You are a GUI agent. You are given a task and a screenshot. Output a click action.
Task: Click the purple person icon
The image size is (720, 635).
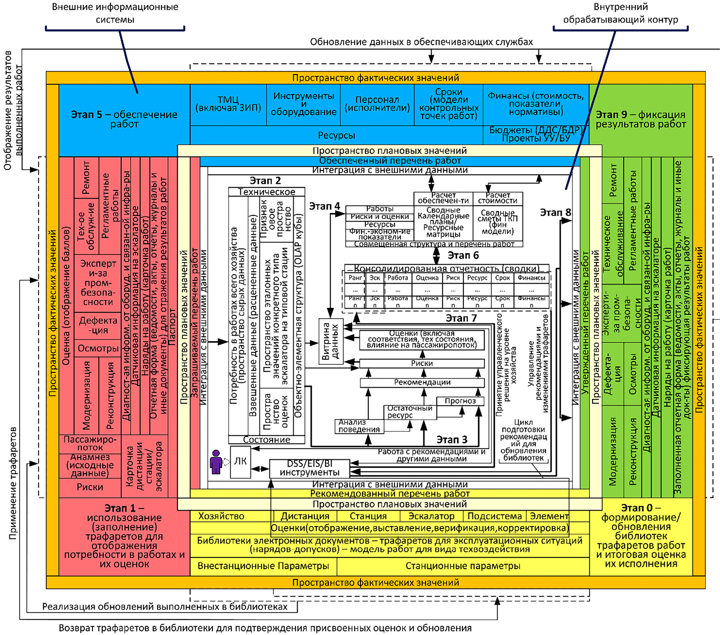click(x=216, y=462)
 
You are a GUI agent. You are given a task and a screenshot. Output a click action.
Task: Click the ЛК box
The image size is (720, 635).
click(x=240, y=461)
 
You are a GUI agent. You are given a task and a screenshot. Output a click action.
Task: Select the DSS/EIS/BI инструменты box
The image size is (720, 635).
click(x=309, y=468)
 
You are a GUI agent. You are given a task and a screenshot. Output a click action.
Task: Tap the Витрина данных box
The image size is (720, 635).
click(x=330, y=341)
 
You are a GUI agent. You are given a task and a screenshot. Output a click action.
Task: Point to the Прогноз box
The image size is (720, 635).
click(x=460, y=401)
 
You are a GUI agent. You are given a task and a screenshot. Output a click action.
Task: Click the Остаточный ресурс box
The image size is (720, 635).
click(x=410, y=412)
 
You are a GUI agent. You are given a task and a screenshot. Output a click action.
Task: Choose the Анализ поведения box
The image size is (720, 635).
click(x=359, y=426)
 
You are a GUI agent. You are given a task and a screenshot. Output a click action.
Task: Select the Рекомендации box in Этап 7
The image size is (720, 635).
click(x=422, y=382)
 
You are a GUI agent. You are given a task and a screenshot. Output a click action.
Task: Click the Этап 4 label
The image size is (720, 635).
click(x=324, y=206)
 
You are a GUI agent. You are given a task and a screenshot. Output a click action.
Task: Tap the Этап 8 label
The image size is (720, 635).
click(x=555, y=213)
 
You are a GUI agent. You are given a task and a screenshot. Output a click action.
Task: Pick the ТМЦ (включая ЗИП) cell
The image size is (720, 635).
click(x=228, y=104)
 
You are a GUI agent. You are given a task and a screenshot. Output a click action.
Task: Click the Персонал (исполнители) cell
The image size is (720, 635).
click(x=377, y=104)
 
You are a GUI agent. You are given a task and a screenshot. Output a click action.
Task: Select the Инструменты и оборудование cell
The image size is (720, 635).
click(x=303, y=104)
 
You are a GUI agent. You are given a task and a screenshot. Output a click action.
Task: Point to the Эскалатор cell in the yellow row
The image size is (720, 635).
click(x=431, y=516)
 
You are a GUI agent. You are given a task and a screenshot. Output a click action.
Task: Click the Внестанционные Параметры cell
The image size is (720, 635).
click(x=263, y=566)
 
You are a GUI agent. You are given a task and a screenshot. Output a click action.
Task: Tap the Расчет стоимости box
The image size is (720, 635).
click(x=498, y=198)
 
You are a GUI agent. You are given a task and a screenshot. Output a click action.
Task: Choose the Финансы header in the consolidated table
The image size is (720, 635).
click(x=531, y=278)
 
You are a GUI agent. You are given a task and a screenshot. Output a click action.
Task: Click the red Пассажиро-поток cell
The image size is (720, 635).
click(x=90, y=443)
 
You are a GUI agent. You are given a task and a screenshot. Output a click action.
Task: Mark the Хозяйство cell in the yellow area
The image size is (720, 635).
click(x=221, y=516)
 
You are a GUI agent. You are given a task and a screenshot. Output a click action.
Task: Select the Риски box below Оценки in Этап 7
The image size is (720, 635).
click(x=422, y=363)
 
